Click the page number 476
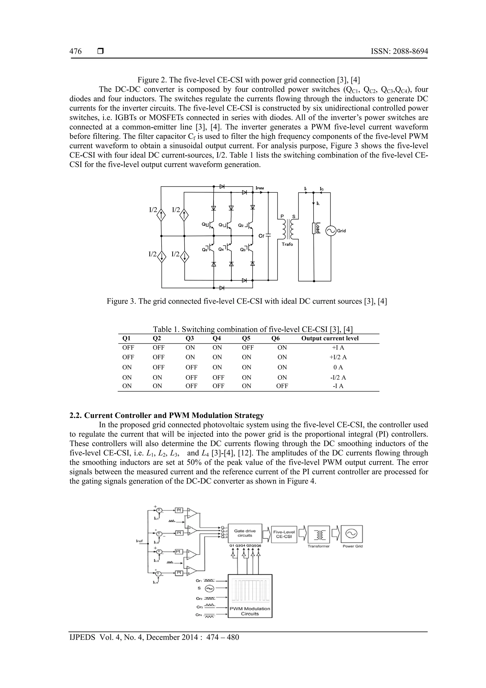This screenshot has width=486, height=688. coord(75,52)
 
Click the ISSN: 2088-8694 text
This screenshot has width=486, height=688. coord(399,52)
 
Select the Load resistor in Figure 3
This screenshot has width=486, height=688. coord(314,228)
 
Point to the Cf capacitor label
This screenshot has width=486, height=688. coord(262,236)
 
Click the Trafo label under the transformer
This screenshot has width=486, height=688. coord(287,244)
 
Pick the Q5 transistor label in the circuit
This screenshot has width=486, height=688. coord(204,224)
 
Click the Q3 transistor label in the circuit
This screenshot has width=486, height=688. coord(243,250)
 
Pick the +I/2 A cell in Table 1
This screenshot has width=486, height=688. coord(338,357)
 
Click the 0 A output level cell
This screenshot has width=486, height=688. coord(338,367)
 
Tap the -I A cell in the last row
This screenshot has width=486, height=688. coord(338,386)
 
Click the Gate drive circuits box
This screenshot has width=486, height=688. coord(245,533)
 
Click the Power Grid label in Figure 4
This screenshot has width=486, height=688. coord(352,546)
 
